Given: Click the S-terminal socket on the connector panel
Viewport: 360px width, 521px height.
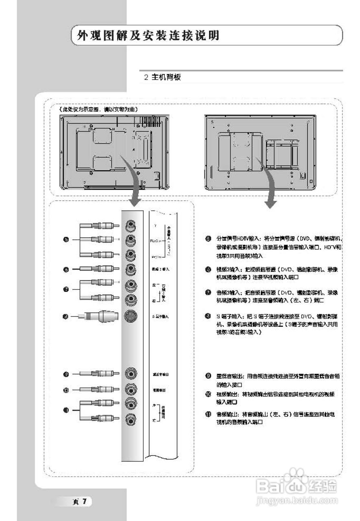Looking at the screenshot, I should [x=130, y=316].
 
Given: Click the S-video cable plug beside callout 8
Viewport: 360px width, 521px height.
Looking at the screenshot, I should [x=102, y=316].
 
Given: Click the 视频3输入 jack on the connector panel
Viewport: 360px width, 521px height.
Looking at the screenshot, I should [x=130, y=269].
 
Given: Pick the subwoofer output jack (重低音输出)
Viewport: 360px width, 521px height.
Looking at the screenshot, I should [x=130, y=373].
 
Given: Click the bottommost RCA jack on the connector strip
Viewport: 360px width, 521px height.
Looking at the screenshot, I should [x=130, y=419].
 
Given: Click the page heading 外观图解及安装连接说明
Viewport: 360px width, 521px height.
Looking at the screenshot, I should [x=148, y=36].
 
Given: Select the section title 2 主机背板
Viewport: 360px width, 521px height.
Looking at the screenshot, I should [x=162, y=77].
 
